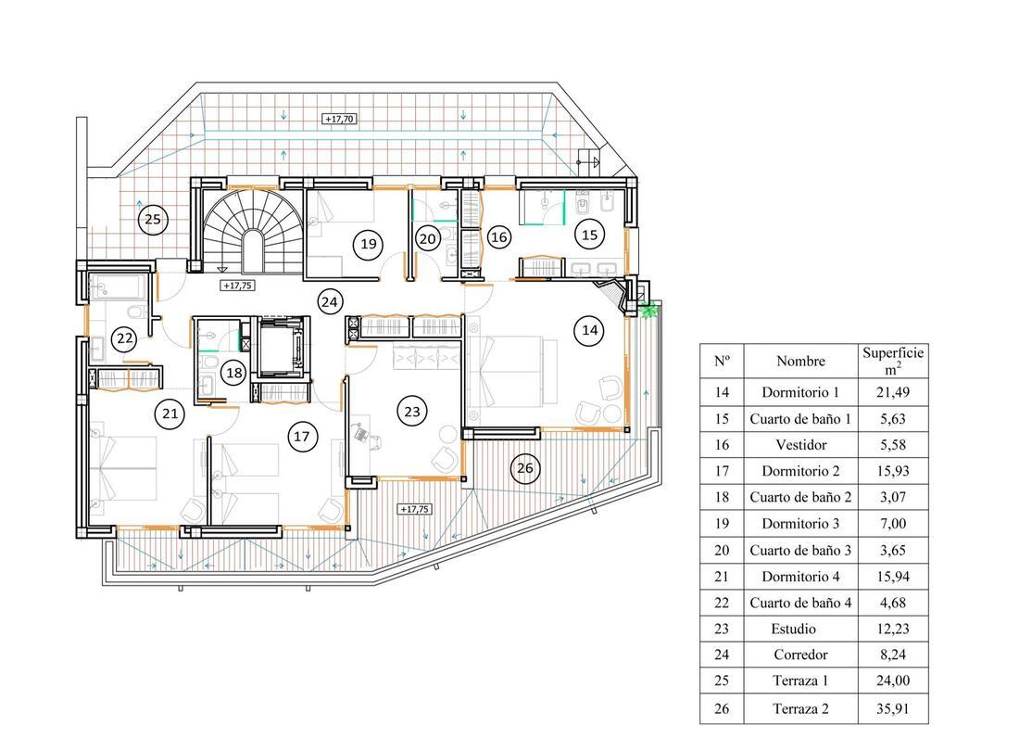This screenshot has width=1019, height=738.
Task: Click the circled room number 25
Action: tap(153, 219)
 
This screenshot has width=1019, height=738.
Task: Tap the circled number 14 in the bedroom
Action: tap(589, 330)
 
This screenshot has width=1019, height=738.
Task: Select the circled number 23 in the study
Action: tap(412, 411)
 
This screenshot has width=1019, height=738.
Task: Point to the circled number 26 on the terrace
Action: tap(525, 467)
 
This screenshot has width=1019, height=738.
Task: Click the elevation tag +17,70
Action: tap(339, 119)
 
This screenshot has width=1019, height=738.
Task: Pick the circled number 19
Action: tap(369, 244)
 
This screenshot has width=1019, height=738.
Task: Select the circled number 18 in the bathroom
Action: tap(234, 373)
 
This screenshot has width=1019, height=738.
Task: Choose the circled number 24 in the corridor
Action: tap(330, 301)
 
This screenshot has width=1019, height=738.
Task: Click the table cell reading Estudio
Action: tap(794, 629)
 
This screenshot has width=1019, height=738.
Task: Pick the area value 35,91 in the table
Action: tap(893, 708)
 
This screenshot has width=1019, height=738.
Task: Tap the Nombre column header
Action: tap(800, 361)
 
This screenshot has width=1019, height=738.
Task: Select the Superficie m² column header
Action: tap(893, 361)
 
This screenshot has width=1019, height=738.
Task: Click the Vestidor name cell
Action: tap(801, 445)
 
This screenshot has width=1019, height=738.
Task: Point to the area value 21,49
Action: tap(893, 392)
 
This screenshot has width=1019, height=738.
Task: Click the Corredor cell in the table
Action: tap(800, 655)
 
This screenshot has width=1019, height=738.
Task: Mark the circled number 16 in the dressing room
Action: tap(499, 237)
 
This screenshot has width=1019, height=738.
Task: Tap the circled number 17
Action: tap(302, 436)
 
